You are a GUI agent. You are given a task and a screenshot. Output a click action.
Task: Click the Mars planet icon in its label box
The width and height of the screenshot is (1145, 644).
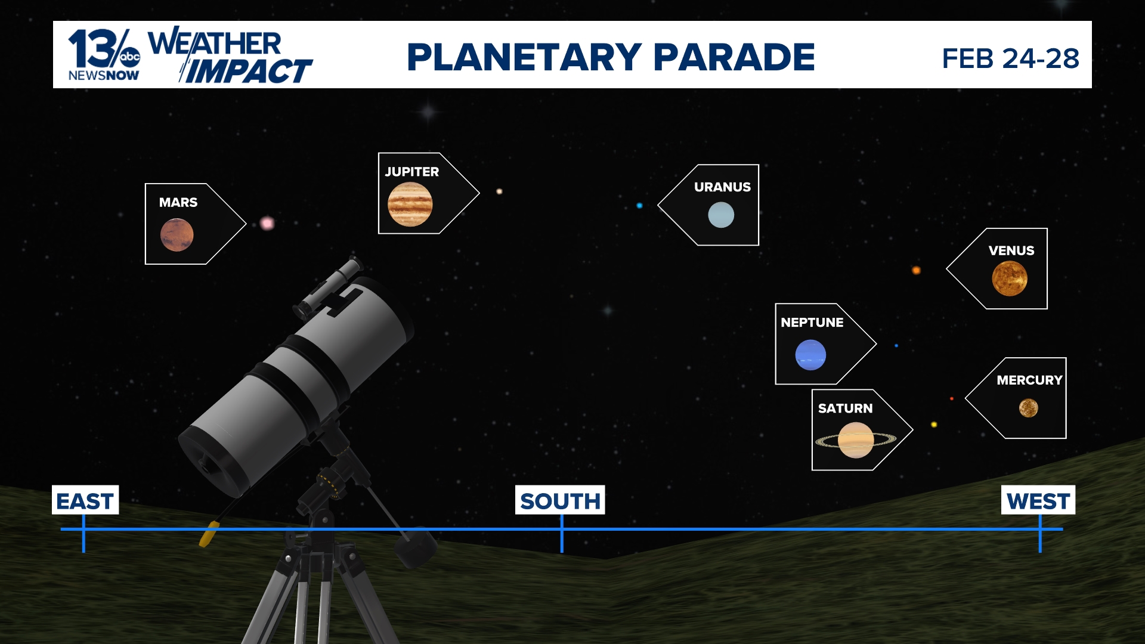tap(177, 234)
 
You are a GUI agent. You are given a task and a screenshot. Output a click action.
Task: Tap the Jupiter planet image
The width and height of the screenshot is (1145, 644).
tap(410, 204)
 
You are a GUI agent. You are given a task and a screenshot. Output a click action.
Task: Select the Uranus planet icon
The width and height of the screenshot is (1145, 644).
tap(720, 215)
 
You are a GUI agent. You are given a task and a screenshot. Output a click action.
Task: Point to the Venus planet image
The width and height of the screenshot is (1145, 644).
tap(1009, 278)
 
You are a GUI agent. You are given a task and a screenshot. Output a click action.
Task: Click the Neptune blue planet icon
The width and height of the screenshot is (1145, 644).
tap(810, 355)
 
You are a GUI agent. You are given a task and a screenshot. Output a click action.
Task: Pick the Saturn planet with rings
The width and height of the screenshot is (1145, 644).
tap(856, 440)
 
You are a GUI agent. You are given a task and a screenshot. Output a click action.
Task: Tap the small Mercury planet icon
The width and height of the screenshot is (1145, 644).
tap(1028, 408)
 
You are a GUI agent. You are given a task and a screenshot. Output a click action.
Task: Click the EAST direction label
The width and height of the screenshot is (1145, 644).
tap(85, 501)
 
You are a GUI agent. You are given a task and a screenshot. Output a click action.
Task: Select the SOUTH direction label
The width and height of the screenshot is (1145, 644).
tap(560, 501)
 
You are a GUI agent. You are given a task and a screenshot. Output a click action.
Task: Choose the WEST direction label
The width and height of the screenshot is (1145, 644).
tap(1038, 501)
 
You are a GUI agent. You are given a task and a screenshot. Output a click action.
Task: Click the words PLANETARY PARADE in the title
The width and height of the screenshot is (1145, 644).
tap(611, 57)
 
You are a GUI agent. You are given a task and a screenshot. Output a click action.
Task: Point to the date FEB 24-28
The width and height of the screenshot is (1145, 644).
tap(1010, 58)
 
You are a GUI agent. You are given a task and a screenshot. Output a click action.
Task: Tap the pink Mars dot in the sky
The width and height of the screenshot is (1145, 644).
tap(267, 223)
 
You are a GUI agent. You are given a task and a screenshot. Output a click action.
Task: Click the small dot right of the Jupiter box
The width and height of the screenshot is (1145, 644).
tap(499, 191)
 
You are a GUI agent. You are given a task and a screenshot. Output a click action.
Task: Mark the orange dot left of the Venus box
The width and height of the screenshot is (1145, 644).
tap(916, 270)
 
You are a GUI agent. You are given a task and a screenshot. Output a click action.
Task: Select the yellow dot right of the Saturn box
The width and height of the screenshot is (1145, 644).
tap(934, 425)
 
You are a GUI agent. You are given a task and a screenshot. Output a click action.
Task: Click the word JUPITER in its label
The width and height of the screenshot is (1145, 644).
tap(411, 172)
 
